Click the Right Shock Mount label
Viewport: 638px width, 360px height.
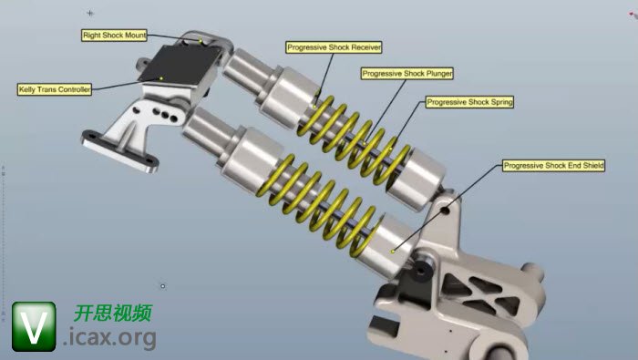pos(114,36)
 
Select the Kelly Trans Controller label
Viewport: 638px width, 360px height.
pos(55,89)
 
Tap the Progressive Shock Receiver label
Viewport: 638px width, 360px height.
pos(334,47)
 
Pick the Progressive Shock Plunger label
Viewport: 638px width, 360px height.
pos(407,74)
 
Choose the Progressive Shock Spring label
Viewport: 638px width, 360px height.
pos(469,102)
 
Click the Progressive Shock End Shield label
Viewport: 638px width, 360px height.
pos(553,166)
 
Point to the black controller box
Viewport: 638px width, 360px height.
pos(179,62)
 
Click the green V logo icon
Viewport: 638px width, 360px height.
pos(34,326)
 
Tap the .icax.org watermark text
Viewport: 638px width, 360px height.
pos(110,337)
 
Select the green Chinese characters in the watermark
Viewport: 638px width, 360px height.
pos(113,313)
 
